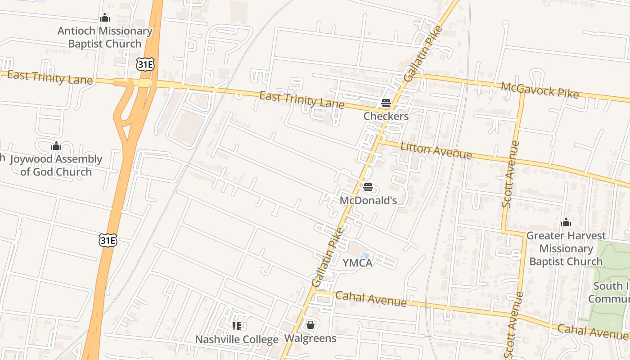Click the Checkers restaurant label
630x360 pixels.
click(x=386, y=116)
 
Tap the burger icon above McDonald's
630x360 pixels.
click(x=368, y=187)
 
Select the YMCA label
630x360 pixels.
click(x=357, y=263)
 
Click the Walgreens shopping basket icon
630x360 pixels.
click(x=310, y=325)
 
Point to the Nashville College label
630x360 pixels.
click(x=236, y=339)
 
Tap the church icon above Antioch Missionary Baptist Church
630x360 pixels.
click(x=105, y=18)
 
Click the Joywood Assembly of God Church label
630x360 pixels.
click(x=56, y=165)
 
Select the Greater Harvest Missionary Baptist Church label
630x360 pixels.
click(x=566, y=248)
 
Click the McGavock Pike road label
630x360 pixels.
click(x=540, y=90)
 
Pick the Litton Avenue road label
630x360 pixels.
click(x=436, y=150)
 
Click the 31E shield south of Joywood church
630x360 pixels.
click(x=108, y=240)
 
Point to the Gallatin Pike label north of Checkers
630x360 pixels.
click(x=423, y=54)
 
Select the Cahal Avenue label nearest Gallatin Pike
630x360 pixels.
click(x=371, y=299)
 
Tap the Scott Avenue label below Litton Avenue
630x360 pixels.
click(x=509, y=174)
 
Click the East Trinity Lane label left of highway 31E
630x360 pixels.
click(x=50, y=77)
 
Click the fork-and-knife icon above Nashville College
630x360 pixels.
click(x=236, y=326)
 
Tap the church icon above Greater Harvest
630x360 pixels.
click(x=566, y=222)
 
